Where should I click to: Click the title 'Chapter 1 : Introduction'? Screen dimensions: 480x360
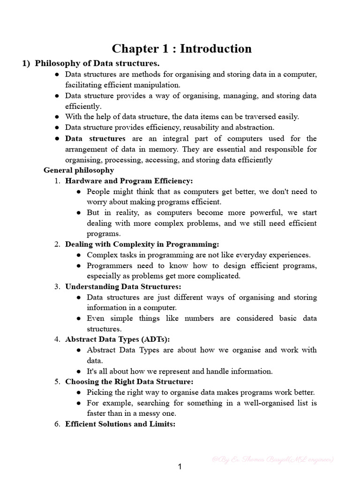(181, 49)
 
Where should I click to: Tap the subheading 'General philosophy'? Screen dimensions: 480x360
(79, 170)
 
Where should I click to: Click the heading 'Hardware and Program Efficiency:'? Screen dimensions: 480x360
(129, 181)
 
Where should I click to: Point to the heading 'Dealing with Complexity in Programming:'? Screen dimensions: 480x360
(142, 244)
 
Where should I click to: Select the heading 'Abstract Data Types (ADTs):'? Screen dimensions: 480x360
(117, 339)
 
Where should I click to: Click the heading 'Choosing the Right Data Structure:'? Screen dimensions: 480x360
(129, 382)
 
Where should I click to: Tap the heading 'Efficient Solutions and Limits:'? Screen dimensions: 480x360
(120, 424)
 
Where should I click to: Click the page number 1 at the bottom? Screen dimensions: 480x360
(180, 466)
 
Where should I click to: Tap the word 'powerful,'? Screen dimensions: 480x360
(265, 212)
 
